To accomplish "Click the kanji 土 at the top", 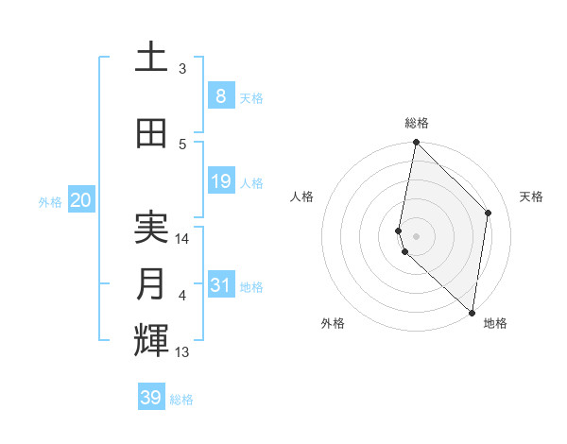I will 151,58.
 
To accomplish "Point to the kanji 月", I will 151,285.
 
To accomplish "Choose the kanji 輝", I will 151,340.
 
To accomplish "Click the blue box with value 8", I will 220,96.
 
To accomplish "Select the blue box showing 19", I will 220,181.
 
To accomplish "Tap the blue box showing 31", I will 220,286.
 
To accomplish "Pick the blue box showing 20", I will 80,200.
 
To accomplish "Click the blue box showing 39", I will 151,398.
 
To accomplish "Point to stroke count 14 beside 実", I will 183,238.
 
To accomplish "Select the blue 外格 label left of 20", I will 50,201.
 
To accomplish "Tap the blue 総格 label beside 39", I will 181,400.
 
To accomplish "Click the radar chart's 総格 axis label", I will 416,123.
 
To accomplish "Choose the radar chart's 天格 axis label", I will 531,196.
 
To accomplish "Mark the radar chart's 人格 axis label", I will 301,196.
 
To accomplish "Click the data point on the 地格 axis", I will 472,313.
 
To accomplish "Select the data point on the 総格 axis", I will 416,143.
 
